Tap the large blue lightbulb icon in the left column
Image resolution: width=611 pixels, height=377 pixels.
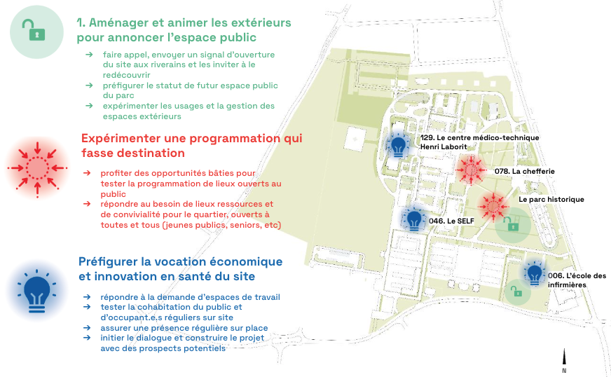36,290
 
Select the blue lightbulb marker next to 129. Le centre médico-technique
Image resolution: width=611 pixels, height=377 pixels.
399,146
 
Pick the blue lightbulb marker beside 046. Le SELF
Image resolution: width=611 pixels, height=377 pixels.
414,220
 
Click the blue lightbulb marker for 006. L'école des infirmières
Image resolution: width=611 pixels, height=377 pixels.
535,274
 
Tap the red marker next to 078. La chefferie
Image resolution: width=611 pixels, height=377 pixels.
471,169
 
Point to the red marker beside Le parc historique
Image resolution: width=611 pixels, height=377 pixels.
494,205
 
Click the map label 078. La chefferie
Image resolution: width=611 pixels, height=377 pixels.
524,171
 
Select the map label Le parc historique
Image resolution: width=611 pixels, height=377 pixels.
551,200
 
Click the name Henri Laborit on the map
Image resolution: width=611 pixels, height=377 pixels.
443,147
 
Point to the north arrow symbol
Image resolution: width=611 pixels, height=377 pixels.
564,358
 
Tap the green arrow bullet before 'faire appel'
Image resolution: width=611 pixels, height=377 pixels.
89,54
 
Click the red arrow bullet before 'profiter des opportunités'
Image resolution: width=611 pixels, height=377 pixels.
87,172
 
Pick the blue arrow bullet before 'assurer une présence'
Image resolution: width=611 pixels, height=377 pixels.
87,327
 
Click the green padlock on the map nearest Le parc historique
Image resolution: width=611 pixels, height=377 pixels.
513,224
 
